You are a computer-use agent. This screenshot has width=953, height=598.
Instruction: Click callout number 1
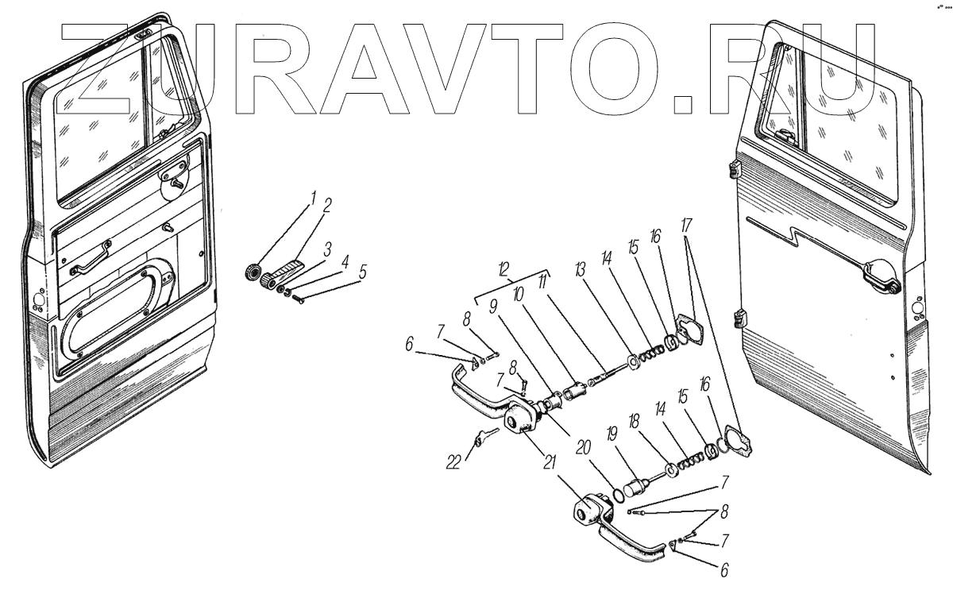pos(313,196)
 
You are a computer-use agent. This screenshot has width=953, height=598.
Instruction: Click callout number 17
pos(685,226)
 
